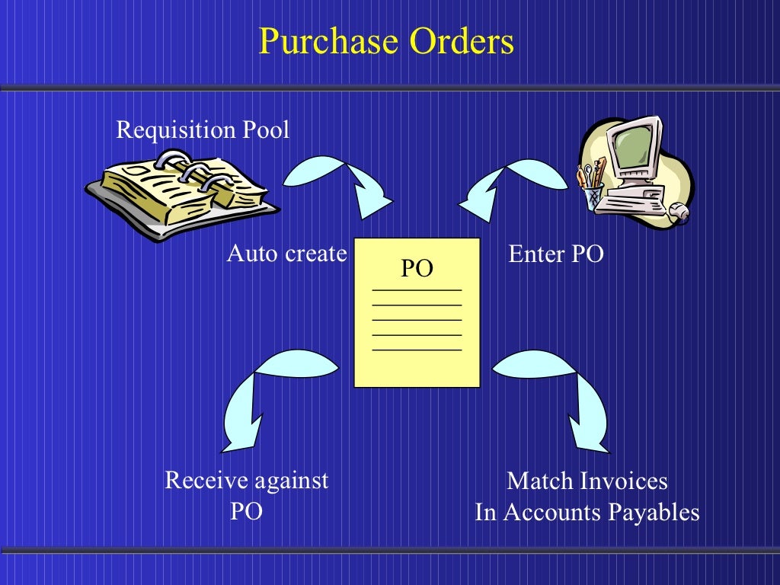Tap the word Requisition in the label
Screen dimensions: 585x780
176,130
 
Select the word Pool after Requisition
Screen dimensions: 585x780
266,130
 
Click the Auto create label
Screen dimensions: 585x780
286,254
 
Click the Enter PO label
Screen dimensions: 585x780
555,254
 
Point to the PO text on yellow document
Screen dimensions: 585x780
417,268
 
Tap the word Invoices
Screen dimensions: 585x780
622,481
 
